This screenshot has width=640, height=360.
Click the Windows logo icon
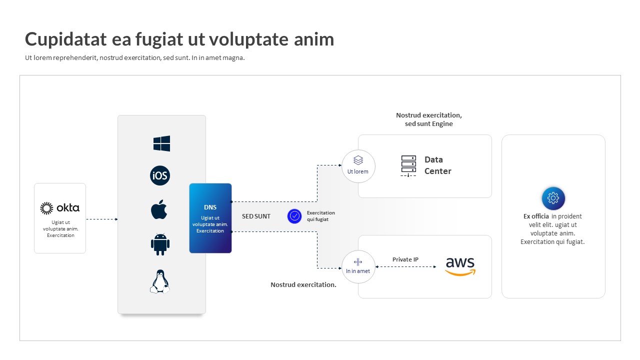click(161, 143)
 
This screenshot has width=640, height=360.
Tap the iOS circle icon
click(160, 175)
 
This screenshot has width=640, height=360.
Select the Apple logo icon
click(159, 209)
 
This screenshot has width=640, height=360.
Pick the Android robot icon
click(160, 244)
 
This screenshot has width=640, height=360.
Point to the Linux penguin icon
click(160, 281)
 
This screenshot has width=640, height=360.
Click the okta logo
click(60, 208)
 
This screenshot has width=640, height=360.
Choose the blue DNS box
click(210, 218)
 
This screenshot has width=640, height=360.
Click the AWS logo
click(460, 266)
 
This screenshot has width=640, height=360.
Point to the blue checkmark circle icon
click(294, 216)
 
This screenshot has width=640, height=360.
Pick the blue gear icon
click(553, 198)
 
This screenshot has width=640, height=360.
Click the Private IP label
click(405, 259)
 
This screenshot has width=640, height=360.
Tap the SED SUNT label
click(256, 216)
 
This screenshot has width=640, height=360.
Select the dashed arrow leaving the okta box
click(102, 219)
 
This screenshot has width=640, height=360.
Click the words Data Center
click(437, 165)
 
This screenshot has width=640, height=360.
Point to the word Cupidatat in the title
click(65, 39)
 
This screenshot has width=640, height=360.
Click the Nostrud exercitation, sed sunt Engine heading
click(429, 119)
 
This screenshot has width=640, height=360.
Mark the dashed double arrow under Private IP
click(405, 267)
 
